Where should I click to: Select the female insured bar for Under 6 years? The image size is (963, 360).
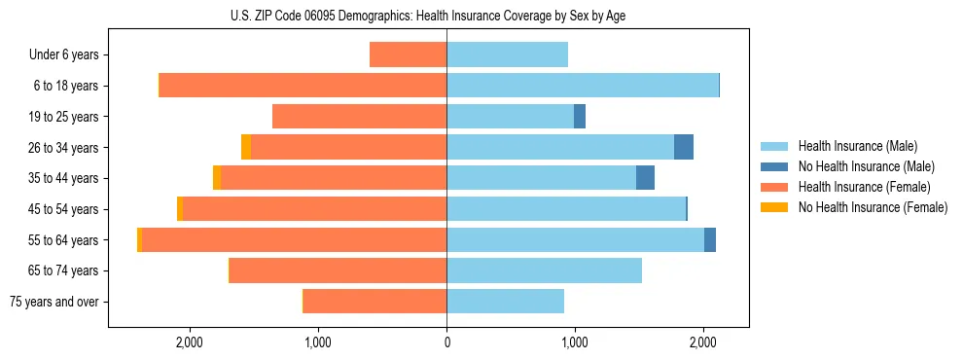pos(408,54)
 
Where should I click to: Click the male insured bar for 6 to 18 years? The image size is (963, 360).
pos(582,86)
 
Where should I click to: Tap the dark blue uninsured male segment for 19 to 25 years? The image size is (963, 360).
pos(580,117)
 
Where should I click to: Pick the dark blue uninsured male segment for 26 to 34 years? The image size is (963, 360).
pos(684,147)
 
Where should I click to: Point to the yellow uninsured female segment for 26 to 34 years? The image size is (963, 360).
pos(246,147)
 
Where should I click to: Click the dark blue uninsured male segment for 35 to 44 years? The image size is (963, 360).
pos(645,178)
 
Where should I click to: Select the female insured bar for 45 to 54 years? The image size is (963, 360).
pos(314,208)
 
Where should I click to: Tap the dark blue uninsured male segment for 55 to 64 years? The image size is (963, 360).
pos(710,239)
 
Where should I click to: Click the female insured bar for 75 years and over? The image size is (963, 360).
pos(374,302)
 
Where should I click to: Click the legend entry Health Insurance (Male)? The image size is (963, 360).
pos(856,146)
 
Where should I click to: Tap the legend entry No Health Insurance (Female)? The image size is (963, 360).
pos(873,207)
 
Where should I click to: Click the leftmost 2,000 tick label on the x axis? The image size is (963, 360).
pos(189,342)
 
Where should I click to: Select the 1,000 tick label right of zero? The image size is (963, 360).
pos(575,342)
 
